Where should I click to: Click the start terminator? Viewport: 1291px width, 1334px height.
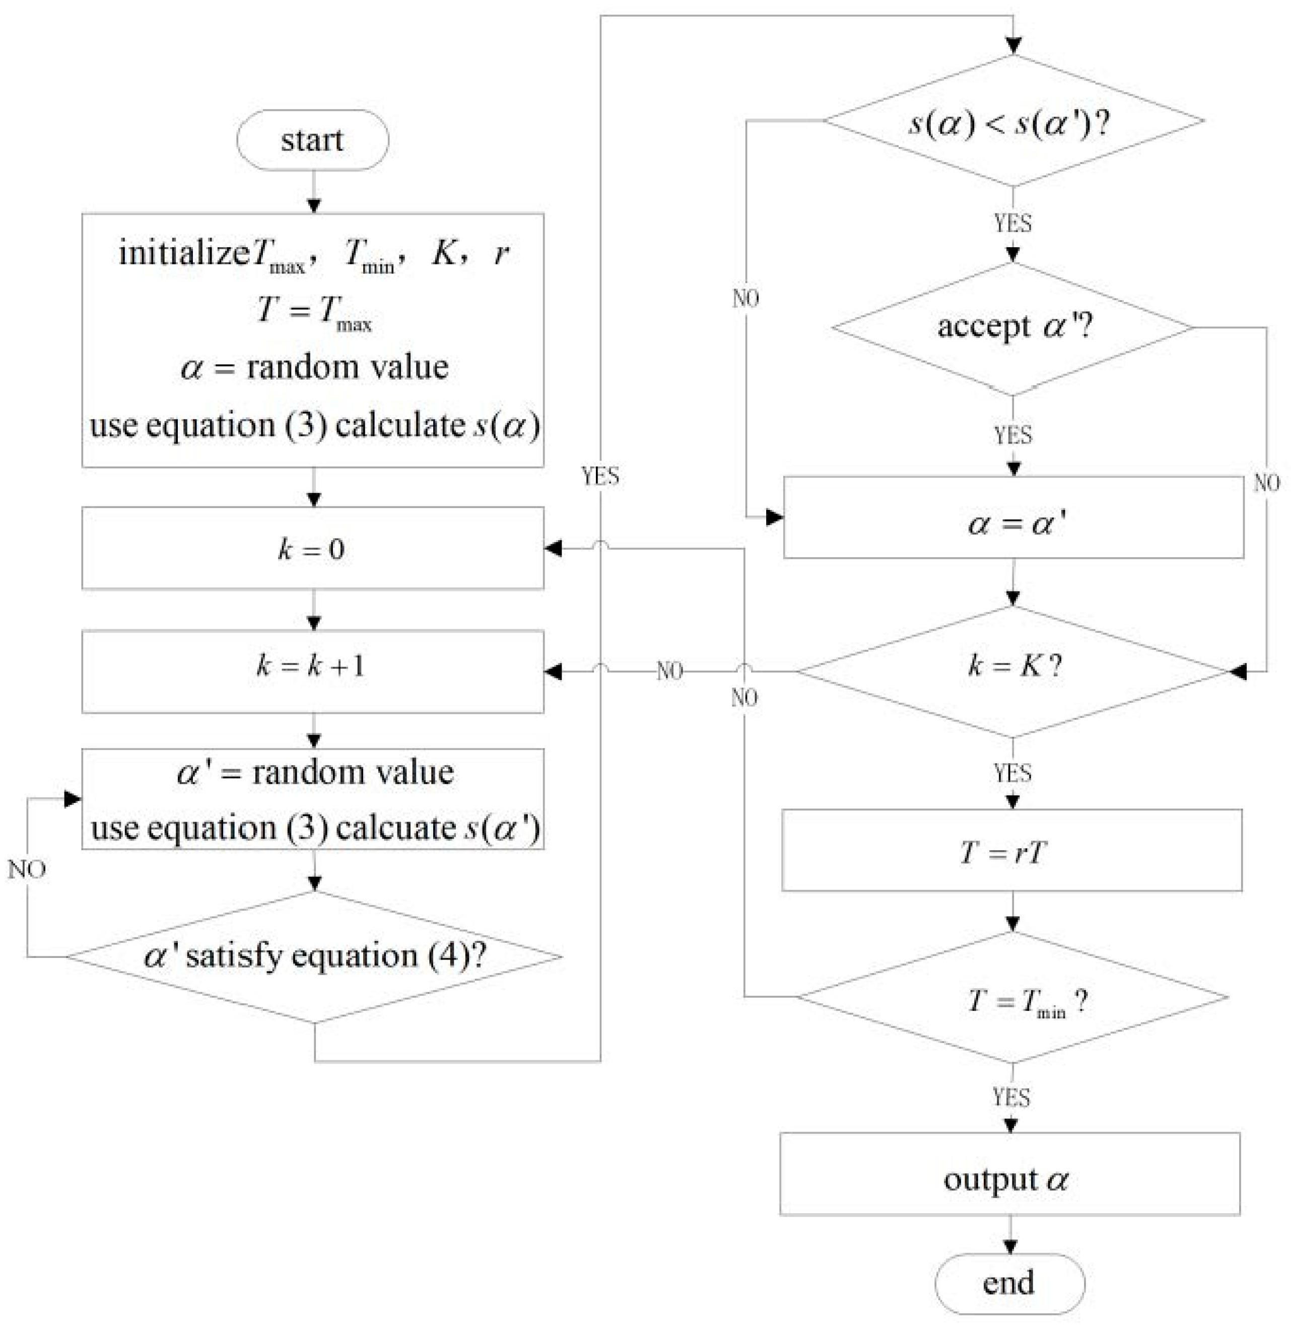tap(312, 140)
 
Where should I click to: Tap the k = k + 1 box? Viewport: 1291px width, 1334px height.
tap(312, 671)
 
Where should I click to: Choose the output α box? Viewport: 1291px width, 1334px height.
tap(1009, 1174)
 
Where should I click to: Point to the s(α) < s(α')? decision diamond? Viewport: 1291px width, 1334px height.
tap(1013, 121)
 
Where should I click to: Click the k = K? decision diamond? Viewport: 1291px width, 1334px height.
tap(1013, 671)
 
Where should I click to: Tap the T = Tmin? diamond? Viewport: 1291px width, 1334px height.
tap(1013, 998)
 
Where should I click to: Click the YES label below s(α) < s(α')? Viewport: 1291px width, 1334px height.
tap(1012, 223)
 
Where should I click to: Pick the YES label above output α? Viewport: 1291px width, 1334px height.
tap(1011, 1098)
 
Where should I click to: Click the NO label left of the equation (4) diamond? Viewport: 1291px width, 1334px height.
tap(27, 869)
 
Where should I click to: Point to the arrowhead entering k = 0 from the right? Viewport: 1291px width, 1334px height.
tap(553, 548)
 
